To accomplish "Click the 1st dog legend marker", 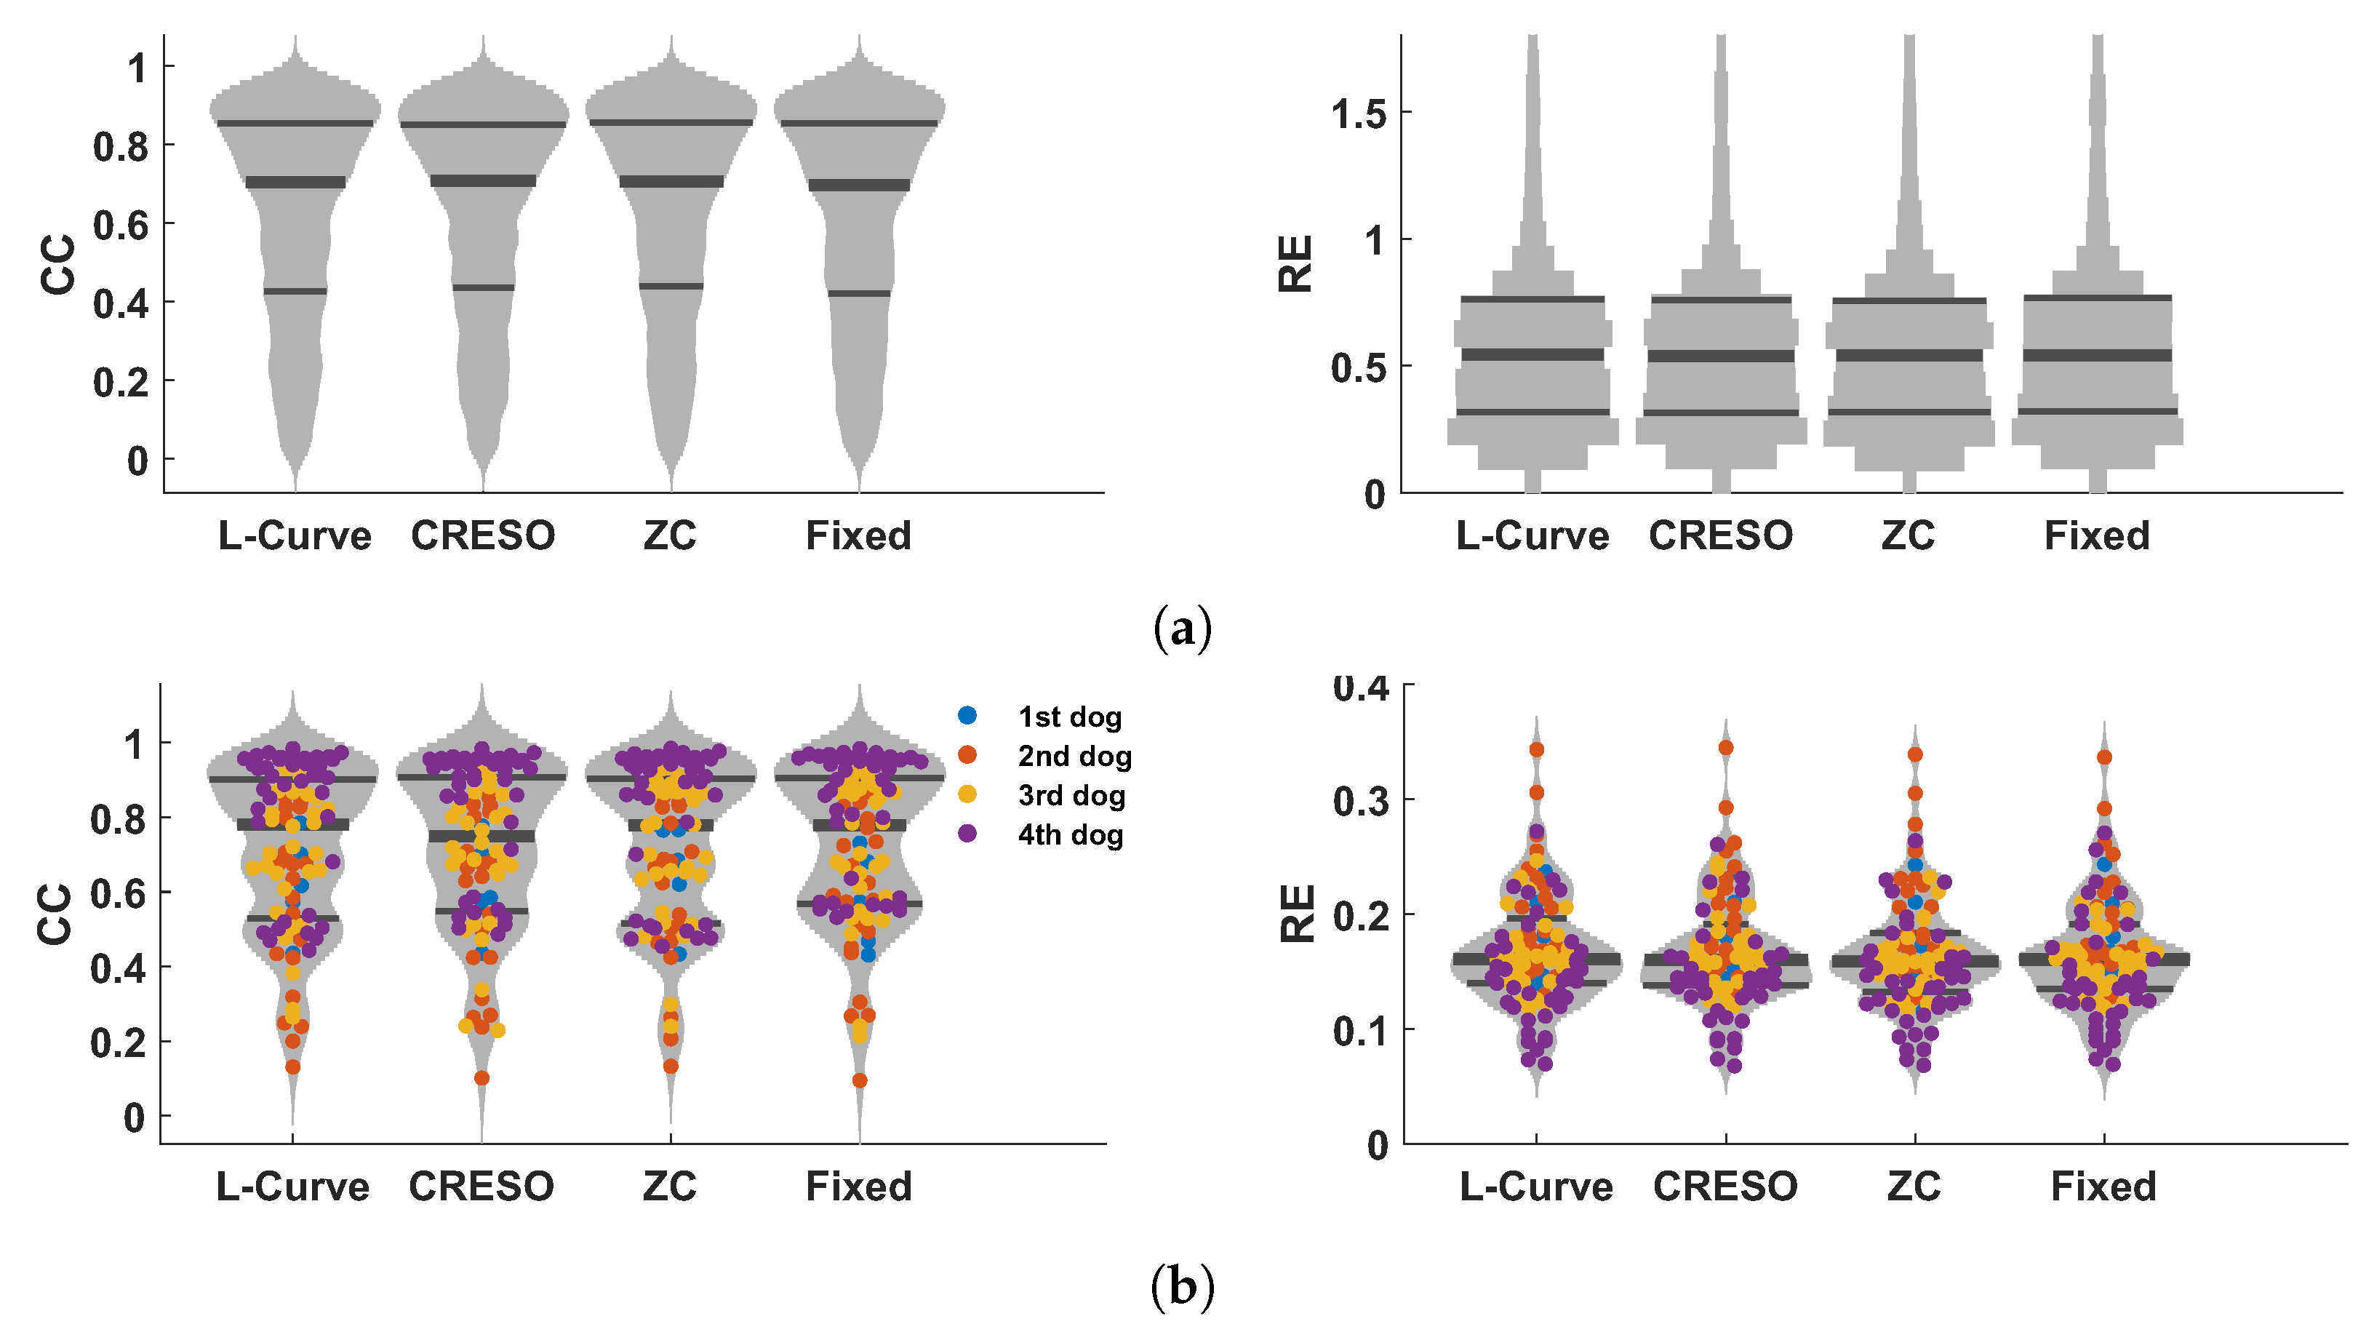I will [x=967, y=715].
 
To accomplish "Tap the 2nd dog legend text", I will [x=1074, y=756].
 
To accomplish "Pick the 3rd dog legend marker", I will [x=967, y=794].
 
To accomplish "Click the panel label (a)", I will [x=1183, y=629].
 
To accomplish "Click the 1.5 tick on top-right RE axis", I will [x=1359, y=114].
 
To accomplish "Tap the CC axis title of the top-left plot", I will [x=58, y=265].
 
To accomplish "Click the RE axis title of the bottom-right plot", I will [x=1298, y=913].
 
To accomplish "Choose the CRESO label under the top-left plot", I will [x=483, y=535].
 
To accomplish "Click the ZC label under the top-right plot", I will [x=1908, y=535].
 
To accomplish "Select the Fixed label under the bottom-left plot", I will [x=859, y=1186].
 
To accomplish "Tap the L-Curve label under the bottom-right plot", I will [x=1536, y=1186].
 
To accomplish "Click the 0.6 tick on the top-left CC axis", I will [x=121, y=225].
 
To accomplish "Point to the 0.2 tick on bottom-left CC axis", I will [x=118, y=1043].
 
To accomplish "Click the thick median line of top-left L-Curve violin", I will [x=295, y=183].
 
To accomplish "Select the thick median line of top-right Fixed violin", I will [x=2098, y=355].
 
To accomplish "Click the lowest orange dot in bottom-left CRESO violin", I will [x=481, y=1077].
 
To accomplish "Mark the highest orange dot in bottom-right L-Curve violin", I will [x=1536, y=749].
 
